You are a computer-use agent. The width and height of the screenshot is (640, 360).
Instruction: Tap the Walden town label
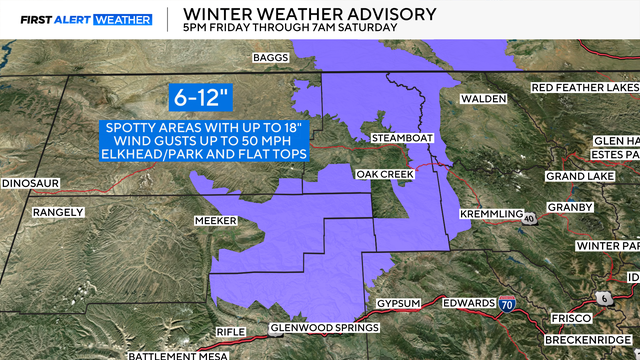click(483, 99)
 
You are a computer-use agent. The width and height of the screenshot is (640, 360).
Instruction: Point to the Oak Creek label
click(378, 174)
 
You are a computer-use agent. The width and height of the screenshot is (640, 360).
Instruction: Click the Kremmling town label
click(490, 215)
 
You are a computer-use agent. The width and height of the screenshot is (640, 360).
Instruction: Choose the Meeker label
click(214, 220)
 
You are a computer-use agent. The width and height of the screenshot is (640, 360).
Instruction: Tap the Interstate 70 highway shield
click(511, 304)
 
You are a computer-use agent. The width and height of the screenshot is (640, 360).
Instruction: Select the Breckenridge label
click(579, 335)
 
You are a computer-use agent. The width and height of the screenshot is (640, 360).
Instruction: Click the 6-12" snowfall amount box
click(203, 99)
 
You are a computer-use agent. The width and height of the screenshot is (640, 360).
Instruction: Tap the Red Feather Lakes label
click(584, 88)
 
